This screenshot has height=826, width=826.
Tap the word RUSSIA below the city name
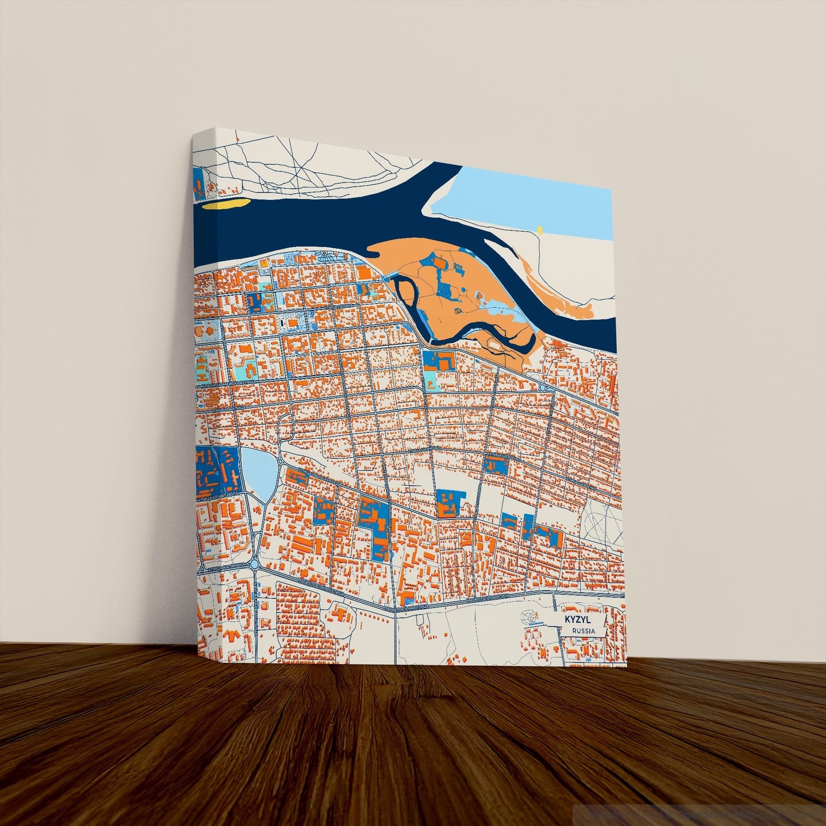tap(583, 631)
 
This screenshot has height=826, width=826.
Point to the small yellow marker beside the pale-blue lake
tap(538, 230)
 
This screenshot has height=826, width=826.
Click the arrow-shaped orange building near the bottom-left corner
tap(232, 635)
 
